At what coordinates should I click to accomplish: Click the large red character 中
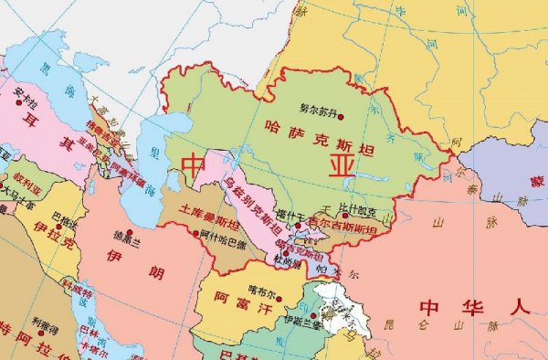(194, 165)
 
